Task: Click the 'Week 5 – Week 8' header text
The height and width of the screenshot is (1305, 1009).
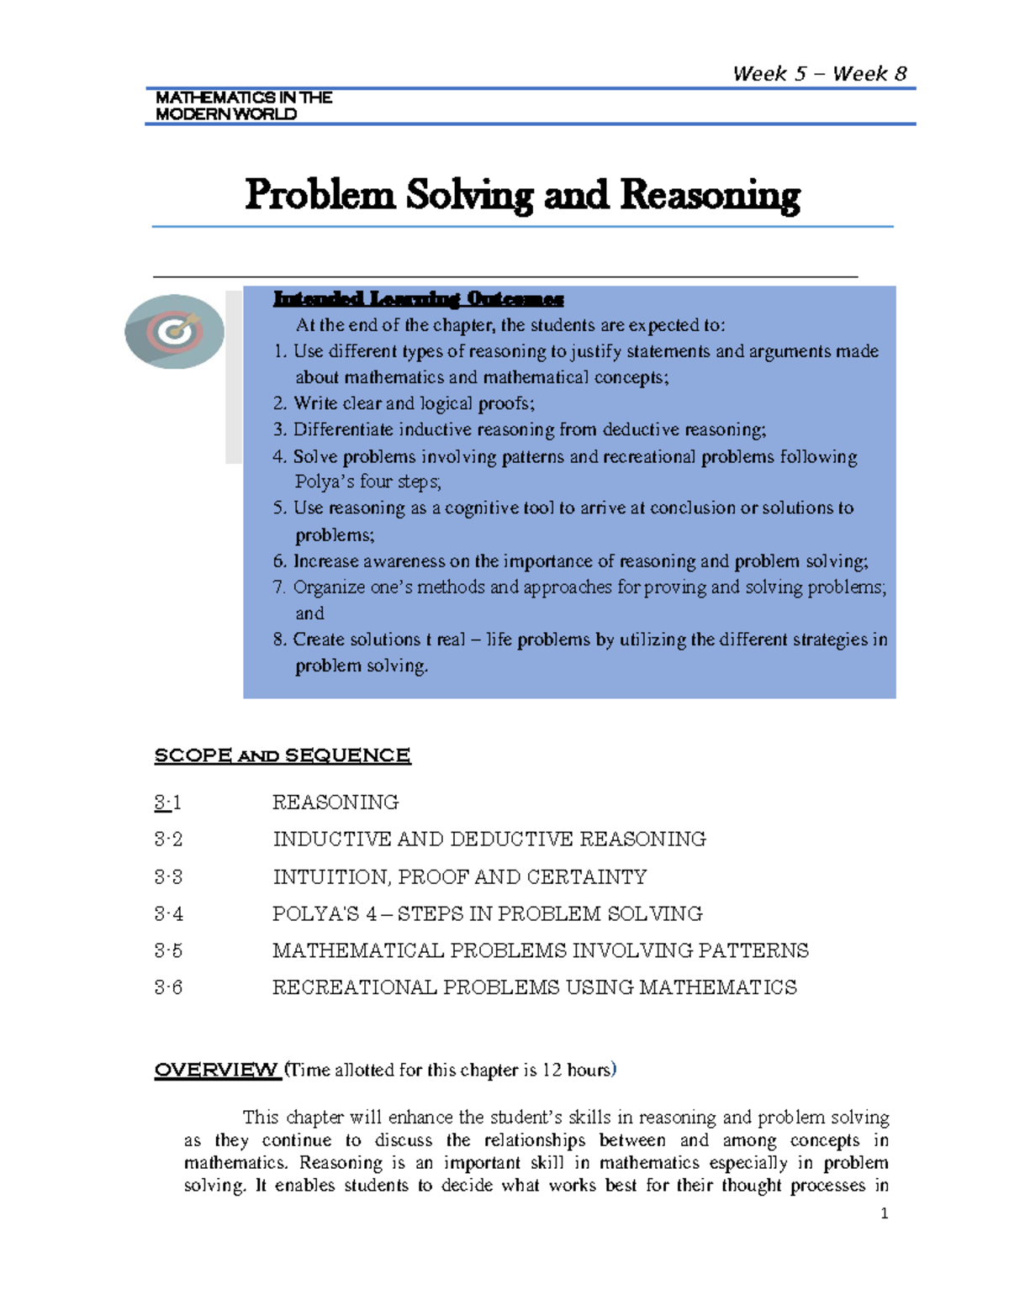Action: (x=819, y=74)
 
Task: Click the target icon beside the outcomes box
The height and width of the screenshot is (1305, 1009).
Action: (x=175, y=331)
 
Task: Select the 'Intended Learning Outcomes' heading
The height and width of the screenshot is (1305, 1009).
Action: (x=418, y=299)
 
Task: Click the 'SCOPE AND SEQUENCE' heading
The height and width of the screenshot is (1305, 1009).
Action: (x=283, y=755)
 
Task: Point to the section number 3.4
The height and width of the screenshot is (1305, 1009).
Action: (x=168, y=914)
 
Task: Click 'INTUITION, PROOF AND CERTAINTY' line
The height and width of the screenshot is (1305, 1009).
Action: (x=459, y=877)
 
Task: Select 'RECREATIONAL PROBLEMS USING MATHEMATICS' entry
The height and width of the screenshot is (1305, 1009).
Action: (x=534, y=987)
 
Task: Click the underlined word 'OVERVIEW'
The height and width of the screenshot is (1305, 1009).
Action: (x=216, y=1070)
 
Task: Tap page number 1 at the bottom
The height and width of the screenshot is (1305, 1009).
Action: (x=884, y=1213)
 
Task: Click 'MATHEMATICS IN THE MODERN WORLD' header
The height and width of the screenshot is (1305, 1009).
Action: (x=243, y=106)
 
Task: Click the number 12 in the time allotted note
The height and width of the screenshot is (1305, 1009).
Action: (x=552, y=1070)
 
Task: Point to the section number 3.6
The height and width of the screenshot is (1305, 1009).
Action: (x=168, y=987)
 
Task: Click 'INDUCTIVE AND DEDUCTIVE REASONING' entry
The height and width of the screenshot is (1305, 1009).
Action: (x=489, y=839)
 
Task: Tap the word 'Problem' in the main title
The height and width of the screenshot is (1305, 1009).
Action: (x=320, y=195)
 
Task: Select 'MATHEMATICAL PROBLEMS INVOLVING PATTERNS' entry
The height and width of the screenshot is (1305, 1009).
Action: (x=540, y=950)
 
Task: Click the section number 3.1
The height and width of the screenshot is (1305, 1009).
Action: (x=168, y=802)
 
